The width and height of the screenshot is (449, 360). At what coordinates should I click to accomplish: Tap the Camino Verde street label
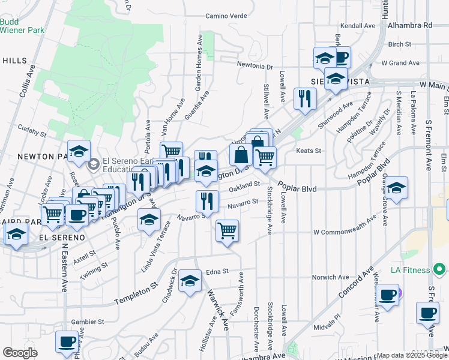click(x=226, y=16)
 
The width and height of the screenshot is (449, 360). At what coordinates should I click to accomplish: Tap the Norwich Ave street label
click(x=330, y=277)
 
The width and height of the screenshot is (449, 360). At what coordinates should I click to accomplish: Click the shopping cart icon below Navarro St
click(x=227, y=231)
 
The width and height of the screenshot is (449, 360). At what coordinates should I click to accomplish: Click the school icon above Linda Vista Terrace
click(x=149, y=220)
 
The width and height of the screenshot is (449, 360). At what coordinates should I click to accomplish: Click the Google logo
click(x=19, y=353)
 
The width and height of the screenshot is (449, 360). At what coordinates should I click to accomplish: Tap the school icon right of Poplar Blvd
click(x=396, y=188)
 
